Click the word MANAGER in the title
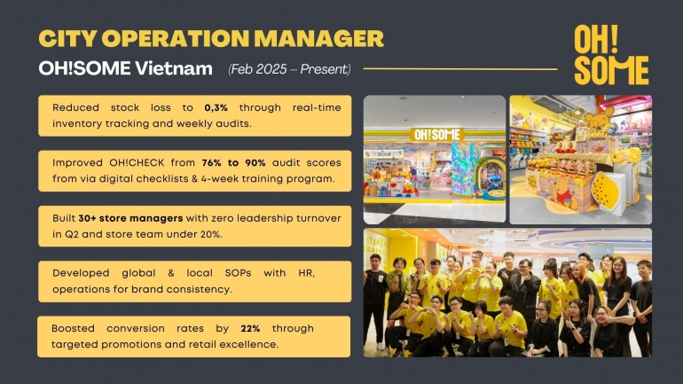pyautogui.click(x=318, y=38)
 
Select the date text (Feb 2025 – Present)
pyautogui.click(x=289, y=69)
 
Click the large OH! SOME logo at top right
pyautogui.click(x=611, y=54)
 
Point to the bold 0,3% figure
pyautogui.click(x=216, y=107)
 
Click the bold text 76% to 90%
pyautogui.click(x=233, y=163)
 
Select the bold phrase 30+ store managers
pyautogui.click(x=130, y=218)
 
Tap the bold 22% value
pyautogui.click(x=250, y=329)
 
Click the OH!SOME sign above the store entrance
pyautogui.click(x=436, y=135)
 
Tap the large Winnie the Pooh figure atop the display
pyautogui.click(x=600, y=120)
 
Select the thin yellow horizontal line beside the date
pyautogui.click(x=460, y=69)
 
